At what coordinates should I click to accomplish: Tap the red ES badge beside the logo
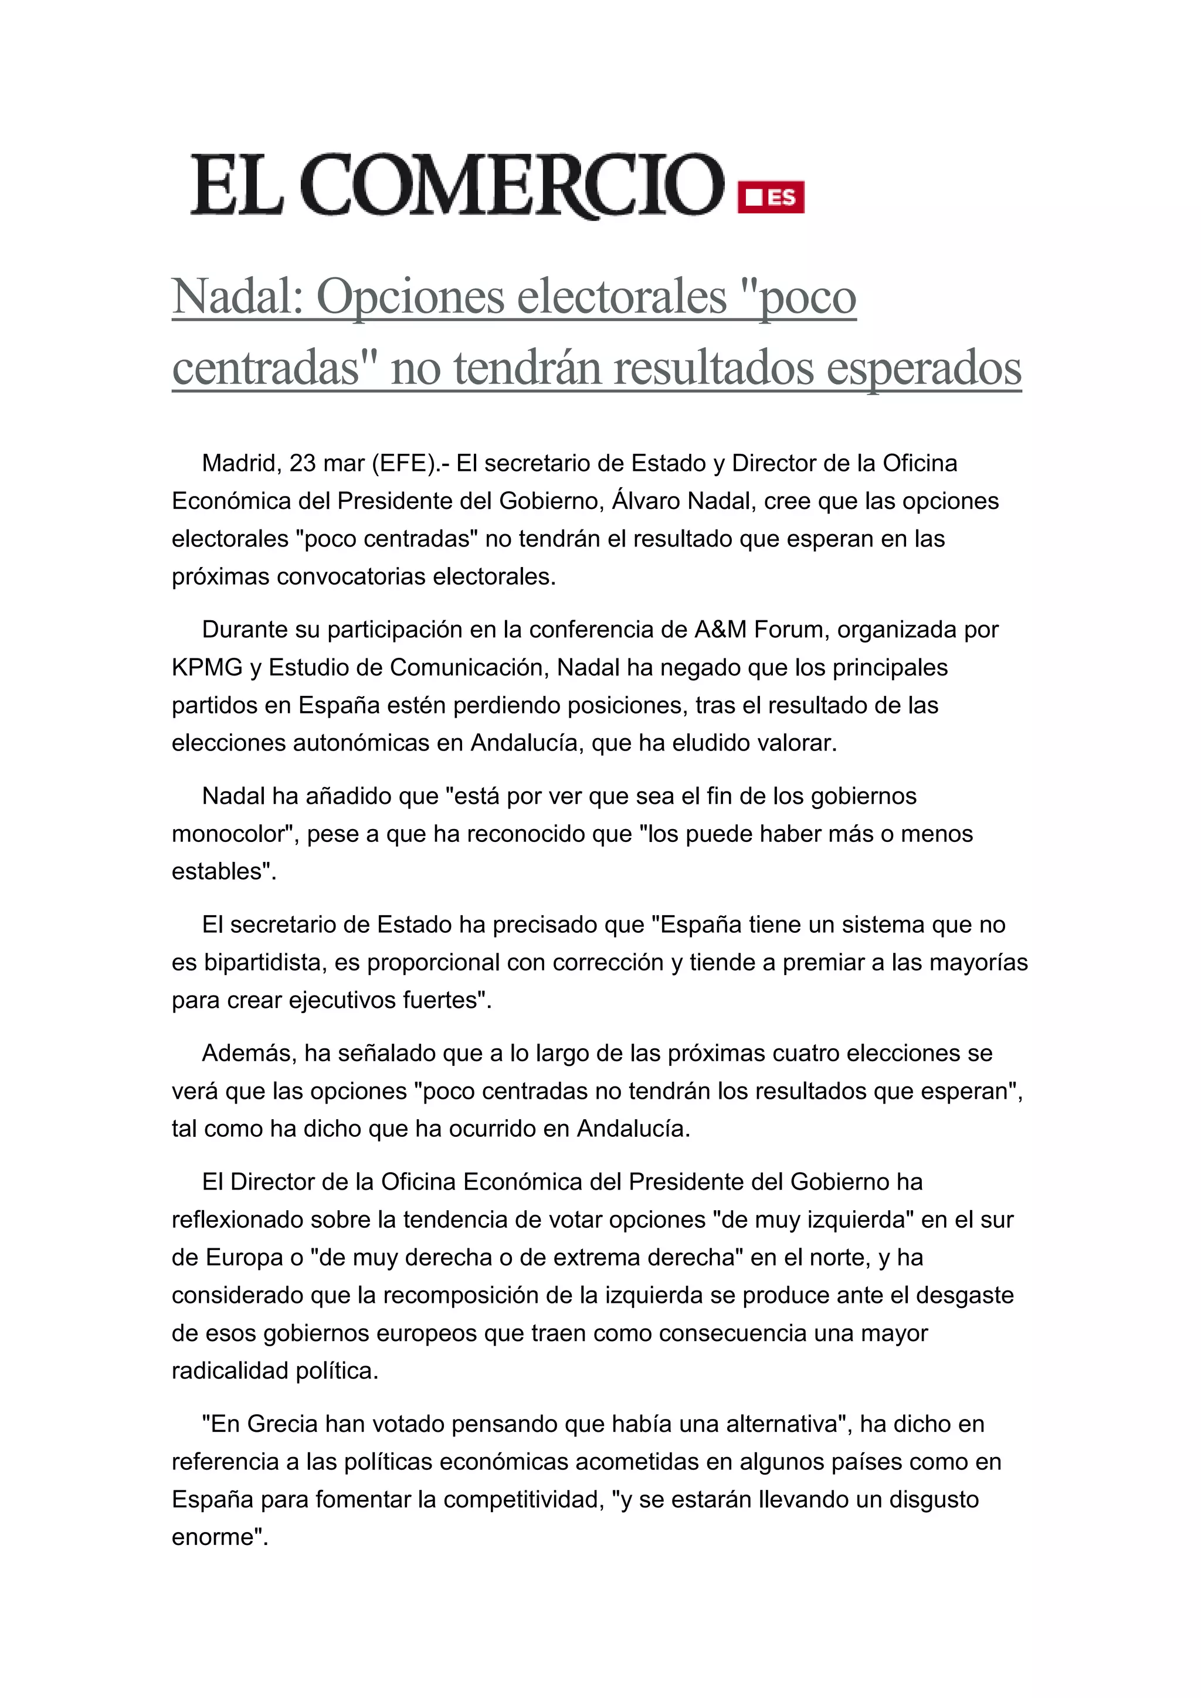[771, 198]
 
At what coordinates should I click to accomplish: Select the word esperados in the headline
[924, 368]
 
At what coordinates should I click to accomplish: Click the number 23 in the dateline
[303, 463]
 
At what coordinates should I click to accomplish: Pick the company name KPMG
[207, 667]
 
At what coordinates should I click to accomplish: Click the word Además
[249, 1052]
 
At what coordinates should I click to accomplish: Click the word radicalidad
[230, 1370]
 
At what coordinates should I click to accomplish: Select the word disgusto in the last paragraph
[933, 1499]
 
